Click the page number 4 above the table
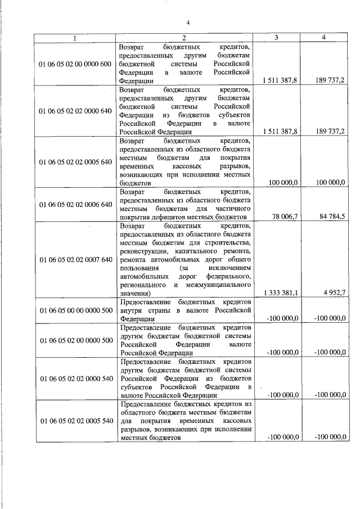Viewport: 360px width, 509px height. [x=188, y=22]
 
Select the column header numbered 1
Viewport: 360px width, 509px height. [x=75, y=37]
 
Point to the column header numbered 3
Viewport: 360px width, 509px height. [x=277, y=37]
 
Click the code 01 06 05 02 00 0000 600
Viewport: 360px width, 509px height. [x=75, y=64]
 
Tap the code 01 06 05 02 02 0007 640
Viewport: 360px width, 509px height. [x=75, y=260]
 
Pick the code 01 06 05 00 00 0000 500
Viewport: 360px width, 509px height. [x=75, y=310]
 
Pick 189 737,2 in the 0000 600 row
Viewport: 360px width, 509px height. [x=329, y=81]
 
